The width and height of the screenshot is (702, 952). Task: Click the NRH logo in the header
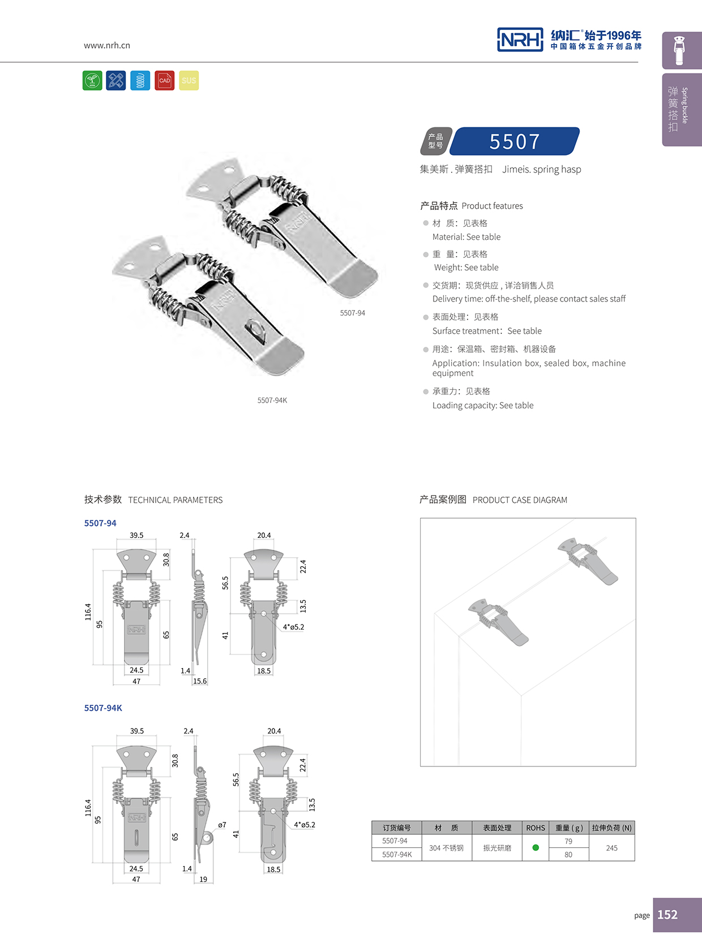coord(520,40)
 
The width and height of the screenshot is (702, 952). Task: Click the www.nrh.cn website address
coord(107,45)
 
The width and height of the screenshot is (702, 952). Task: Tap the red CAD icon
coord(165,80)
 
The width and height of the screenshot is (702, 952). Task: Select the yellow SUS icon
coord(189,80)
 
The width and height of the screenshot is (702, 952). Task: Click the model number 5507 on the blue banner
coord(515,141)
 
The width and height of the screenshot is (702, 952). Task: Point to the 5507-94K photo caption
coord(272,400)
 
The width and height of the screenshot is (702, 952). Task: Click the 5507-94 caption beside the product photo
coord(352,313)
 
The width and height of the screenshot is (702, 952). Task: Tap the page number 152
coord(667,915)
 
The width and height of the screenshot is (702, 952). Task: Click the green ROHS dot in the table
coord(536,847)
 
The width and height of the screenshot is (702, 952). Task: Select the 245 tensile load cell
coord(611,848)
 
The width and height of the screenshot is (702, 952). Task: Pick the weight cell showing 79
coord(568,841)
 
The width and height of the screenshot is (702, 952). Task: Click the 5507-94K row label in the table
coord(397,854)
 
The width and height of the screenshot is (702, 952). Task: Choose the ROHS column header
coord(536,828)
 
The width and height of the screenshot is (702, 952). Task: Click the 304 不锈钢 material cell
coord(446,848)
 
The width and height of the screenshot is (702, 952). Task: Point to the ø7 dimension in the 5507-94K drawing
coord(222,825)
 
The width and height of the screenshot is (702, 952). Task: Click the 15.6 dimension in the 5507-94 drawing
coord(200,681)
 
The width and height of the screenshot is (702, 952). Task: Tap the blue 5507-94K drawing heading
coord(103,708)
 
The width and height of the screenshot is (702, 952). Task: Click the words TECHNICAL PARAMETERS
coord(175,500)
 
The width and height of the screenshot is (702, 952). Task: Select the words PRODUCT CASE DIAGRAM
coord(520,500)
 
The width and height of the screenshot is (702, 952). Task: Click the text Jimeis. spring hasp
coord(541,169)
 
